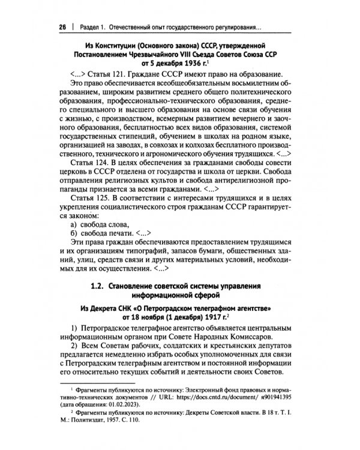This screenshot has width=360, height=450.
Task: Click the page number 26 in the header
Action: click(61, 27)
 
